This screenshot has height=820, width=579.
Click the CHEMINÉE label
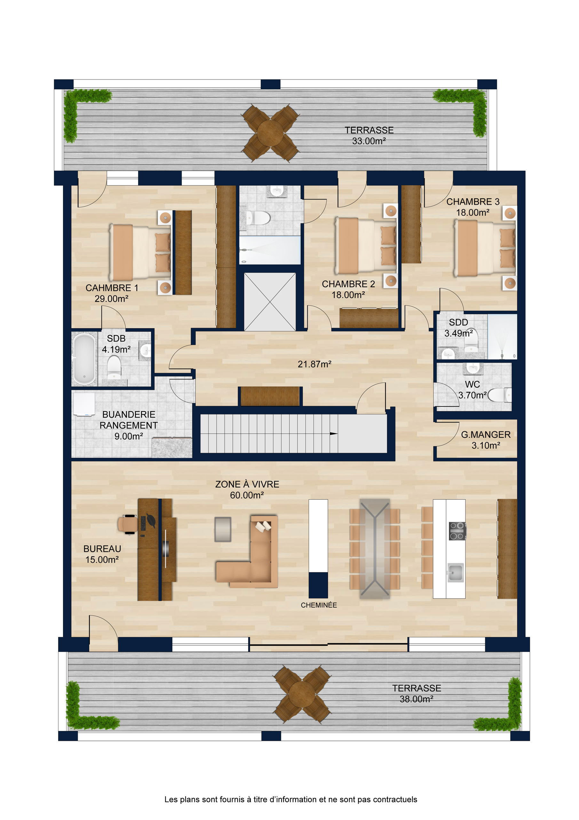point(319,605)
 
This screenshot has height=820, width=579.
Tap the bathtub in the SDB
point(84,358)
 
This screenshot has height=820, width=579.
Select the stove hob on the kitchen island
point(457,531)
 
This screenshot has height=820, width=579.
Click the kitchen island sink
point(455,572)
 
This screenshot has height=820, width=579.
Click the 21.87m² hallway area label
point(314,364)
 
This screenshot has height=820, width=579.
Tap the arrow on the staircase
point(333,434)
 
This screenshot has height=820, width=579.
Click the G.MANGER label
point(486,435)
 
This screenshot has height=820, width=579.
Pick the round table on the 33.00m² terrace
point(270,133)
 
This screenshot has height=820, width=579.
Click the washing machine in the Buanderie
point(84,404)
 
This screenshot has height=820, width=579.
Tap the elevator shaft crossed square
point(270,302)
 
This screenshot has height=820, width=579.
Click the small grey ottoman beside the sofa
point(223,529)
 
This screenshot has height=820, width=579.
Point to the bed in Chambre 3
point(484,248)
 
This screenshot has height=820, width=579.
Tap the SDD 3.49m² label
point(458,327)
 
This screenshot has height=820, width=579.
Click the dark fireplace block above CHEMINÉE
point(318,585)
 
